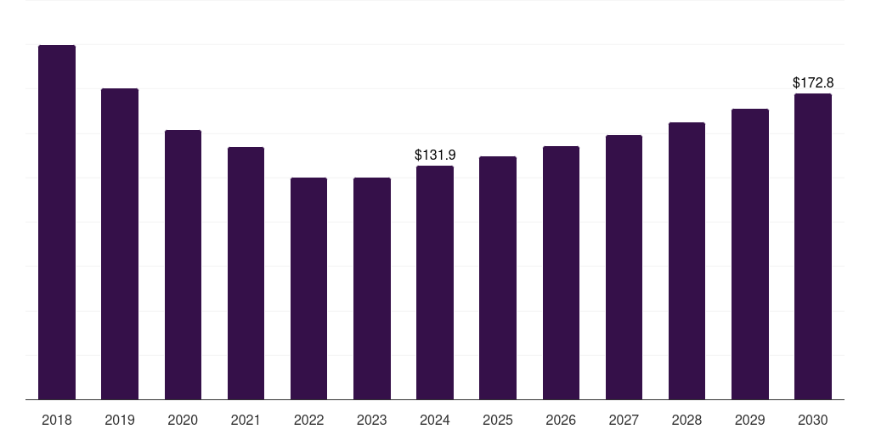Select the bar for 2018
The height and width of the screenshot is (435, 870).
57,222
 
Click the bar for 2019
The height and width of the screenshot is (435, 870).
120,244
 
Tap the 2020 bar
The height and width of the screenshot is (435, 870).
183,264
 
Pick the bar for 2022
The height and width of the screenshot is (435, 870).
308,288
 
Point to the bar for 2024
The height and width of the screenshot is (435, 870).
435,282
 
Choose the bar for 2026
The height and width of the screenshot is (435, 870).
561,273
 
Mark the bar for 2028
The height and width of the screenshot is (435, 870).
686,261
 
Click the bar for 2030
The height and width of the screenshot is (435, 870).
813,246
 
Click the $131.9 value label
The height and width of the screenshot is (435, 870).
435,155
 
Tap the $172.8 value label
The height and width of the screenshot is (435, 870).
813,82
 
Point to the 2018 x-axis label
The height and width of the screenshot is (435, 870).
57,420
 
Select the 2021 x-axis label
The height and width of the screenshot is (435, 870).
246,420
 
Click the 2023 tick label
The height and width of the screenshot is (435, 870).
372,420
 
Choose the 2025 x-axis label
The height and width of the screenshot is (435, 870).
498,420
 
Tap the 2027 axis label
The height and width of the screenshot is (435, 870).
624,420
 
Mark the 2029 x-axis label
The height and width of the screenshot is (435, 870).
750,420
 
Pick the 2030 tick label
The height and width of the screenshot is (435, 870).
813,420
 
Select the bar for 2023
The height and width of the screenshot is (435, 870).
372,288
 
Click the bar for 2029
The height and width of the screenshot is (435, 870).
750,254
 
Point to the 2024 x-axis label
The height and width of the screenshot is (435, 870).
435,420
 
